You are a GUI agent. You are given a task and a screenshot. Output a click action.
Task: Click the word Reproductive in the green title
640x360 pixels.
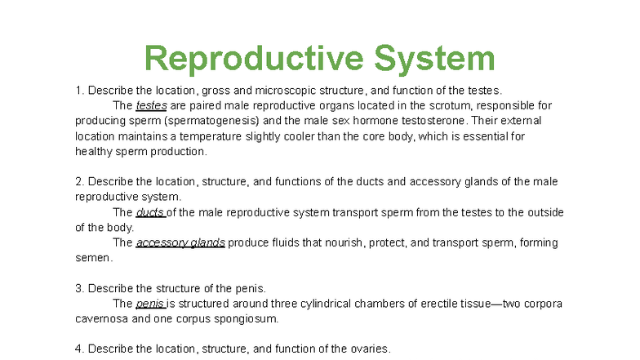[x=252, y=59]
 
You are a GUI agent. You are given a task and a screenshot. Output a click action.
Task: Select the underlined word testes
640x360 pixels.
[x=151, y=105]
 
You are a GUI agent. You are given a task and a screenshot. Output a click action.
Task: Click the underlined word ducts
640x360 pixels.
[x=150, y=212]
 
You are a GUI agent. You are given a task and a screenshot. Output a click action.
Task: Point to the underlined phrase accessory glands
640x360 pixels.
[x=180, y=242]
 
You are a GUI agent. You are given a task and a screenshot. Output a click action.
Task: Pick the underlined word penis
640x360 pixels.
[x=149, y=304]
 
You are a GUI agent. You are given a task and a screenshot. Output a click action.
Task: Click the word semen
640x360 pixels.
[x=93, y=258]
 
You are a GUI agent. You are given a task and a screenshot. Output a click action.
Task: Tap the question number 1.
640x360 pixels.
[x=79, y=90]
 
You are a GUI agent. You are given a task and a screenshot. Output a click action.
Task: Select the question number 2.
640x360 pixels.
[x=79, y=181]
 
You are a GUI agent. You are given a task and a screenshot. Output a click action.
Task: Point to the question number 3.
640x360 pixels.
[x=79, y=288]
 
